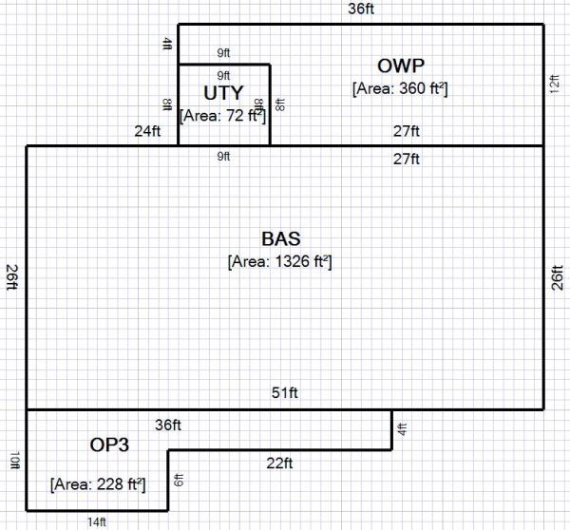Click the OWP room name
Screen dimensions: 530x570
[400, 66]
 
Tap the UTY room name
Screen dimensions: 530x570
[224, 93]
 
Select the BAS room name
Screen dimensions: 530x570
[280, 237]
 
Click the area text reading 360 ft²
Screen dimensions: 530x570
[400, 88]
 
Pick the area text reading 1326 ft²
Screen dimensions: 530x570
[280, 260]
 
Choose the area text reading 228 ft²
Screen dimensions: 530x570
[98, 484]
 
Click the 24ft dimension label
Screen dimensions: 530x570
[147, 132]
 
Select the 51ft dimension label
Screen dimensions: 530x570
[285, 394]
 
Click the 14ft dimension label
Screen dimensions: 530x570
[96, 521]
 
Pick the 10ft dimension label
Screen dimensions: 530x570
[15, 461]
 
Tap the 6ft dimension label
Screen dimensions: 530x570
[178, 481]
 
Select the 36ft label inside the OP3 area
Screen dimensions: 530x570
[168, 426]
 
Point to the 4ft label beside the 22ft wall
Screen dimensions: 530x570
[401, 429]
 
